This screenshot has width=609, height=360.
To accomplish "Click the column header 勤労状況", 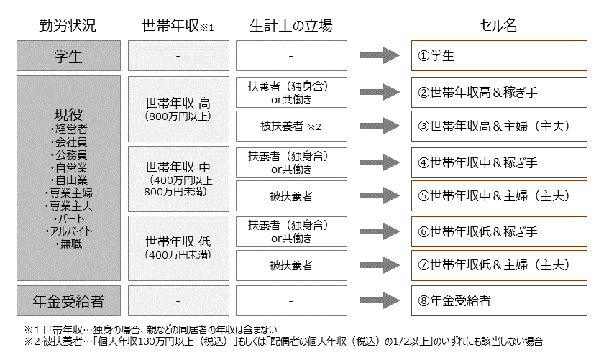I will tap(68, 26).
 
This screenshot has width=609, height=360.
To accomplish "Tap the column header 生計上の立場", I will tap(290, 26).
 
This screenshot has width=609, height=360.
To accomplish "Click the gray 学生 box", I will tap(68, 55).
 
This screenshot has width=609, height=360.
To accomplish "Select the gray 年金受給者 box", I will tap(68, 300).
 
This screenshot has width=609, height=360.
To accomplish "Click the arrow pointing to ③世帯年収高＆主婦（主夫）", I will tap(380, 126).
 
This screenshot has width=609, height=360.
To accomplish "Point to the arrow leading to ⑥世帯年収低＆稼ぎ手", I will tap(380, 231).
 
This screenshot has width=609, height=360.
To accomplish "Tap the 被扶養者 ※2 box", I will tap(290, 126).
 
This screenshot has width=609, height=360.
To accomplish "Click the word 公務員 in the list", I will tap(72, 154).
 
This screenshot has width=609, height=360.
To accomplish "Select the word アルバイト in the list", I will tap(72, 231).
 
